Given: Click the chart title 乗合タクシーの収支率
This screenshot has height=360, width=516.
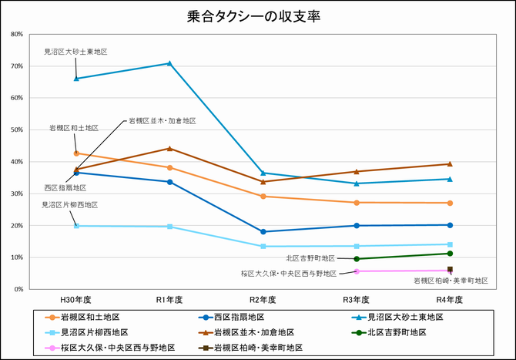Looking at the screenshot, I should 257,16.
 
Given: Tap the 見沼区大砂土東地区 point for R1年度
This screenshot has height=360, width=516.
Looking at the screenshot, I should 169,63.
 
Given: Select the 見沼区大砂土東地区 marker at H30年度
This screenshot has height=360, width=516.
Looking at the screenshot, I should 76,78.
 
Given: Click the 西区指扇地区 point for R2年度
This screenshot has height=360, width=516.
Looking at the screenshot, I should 263,231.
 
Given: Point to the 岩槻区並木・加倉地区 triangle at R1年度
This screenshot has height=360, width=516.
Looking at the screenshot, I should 169,149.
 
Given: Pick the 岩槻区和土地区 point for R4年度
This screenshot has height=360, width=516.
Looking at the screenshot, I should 450,203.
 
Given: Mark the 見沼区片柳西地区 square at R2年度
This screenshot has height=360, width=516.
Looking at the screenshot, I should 263,247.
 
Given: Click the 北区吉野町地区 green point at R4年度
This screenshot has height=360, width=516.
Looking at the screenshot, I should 450,254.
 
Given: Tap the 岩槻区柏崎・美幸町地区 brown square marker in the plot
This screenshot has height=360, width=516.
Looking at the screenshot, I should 450,270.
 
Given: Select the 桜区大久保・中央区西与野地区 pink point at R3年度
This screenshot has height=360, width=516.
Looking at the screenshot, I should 357,271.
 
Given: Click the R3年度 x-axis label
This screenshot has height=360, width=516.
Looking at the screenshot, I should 356,299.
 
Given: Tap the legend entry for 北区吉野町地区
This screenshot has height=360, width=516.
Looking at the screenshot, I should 397,332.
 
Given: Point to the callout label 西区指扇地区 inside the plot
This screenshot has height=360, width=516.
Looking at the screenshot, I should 65,187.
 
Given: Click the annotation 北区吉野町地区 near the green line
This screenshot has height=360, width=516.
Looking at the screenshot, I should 310,258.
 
